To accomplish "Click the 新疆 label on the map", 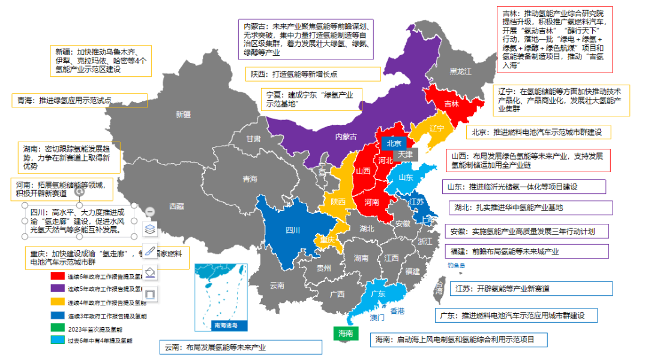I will pos(182,114).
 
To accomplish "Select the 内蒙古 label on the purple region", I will pos(345,137).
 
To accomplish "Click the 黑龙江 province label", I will pos(461,71).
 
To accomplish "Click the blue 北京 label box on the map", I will pos(393,143).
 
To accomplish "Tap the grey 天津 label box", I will pos(405,154).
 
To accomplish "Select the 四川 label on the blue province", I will pos(292,230).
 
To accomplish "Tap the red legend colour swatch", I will pos(58,277).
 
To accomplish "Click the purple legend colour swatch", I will pos(58,289).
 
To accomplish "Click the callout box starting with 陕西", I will pos(312,74).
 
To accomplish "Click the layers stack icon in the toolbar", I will pos(151,229).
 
